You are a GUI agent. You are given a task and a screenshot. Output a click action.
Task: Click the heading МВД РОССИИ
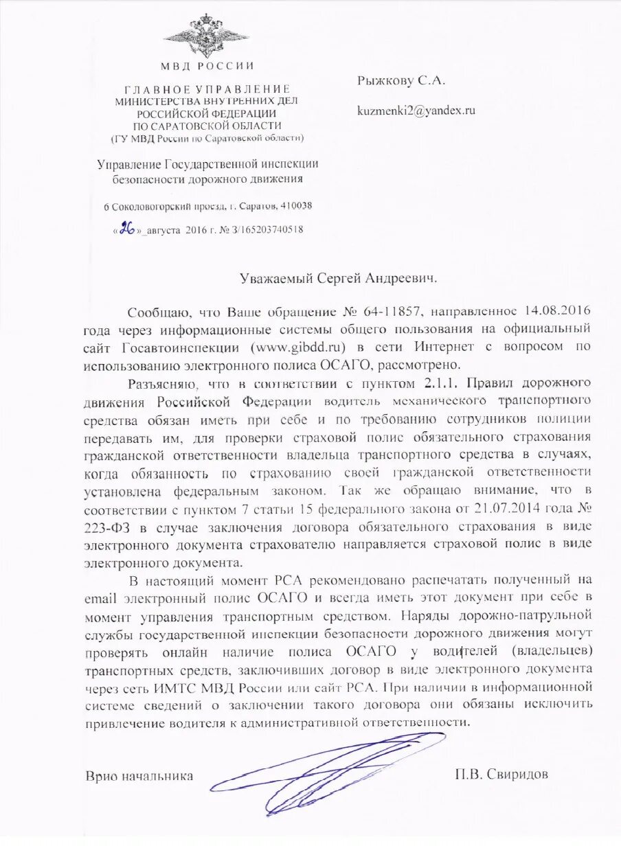pyautogui.click(x=207, y=67)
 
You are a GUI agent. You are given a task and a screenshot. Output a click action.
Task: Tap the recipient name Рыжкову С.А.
pyautogui.click(x=401, y=80)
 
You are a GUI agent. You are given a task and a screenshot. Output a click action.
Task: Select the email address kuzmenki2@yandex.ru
pyautogui.click(x=416, y=110)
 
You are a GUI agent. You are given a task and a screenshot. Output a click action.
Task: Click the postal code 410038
pyautogui.click(x=296, y=206)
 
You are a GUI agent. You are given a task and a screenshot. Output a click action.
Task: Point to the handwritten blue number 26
pyautogui.click(x=126, y=229)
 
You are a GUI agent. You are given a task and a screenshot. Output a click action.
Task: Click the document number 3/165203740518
pyautogui.click(x=261, y=230)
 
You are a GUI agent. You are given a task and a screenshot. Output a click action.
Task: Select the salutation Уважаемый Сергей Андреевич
pyautogui.click(x=338, y=278)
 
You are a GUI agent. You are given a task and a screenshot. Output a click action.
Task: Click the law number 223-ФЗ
pyautogui.click(x=106, y=527)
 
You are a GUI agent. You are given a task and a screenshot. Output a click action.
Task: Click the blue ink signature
pyautogui.click(x=330, y=762)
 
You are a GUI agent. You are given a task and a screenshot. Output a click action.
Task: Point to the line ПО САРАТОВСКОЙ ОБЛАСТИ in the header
pyautogui.click(x=207, y=126)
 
